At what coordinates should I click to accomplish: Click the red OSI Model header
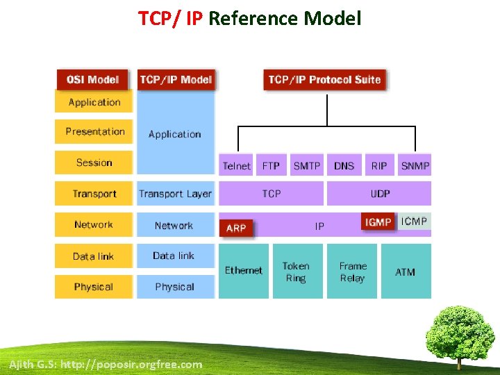point(93,79)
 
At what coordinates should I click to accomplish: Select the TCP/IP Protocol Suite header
point(324,79)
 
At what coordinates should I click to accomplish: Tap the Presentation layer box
point(94,131)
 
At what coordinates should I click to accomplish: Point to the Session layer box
point(94,162)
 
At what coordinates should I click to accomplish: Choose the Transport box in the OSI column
point(94,194)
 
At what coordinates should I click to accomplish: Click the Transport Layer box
point(175,194)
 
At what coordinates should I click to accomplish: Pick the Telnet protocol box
point(237,165)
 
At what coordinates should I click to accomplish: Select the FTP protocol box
point(271,165)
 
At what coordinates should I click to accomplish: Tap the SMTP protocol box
point(307,165)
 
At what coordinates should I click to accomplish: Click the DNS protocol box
point(344,165)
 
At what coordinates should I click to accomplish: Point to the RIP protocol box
point(379,165)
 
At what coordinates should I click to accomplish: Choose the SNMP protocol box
point(415,165)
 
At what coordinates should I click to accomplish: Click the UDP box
point(380,194)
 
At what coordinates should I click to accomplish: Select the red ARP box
point(236,228)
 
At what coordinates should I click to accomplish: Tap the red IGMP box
point(378,222)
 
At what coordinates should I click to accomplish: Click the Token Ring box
point(296,272)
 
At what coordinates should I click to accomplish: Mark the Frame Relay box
point(352,272)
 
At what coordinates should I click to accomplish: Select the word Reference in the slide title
point(253,18)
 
